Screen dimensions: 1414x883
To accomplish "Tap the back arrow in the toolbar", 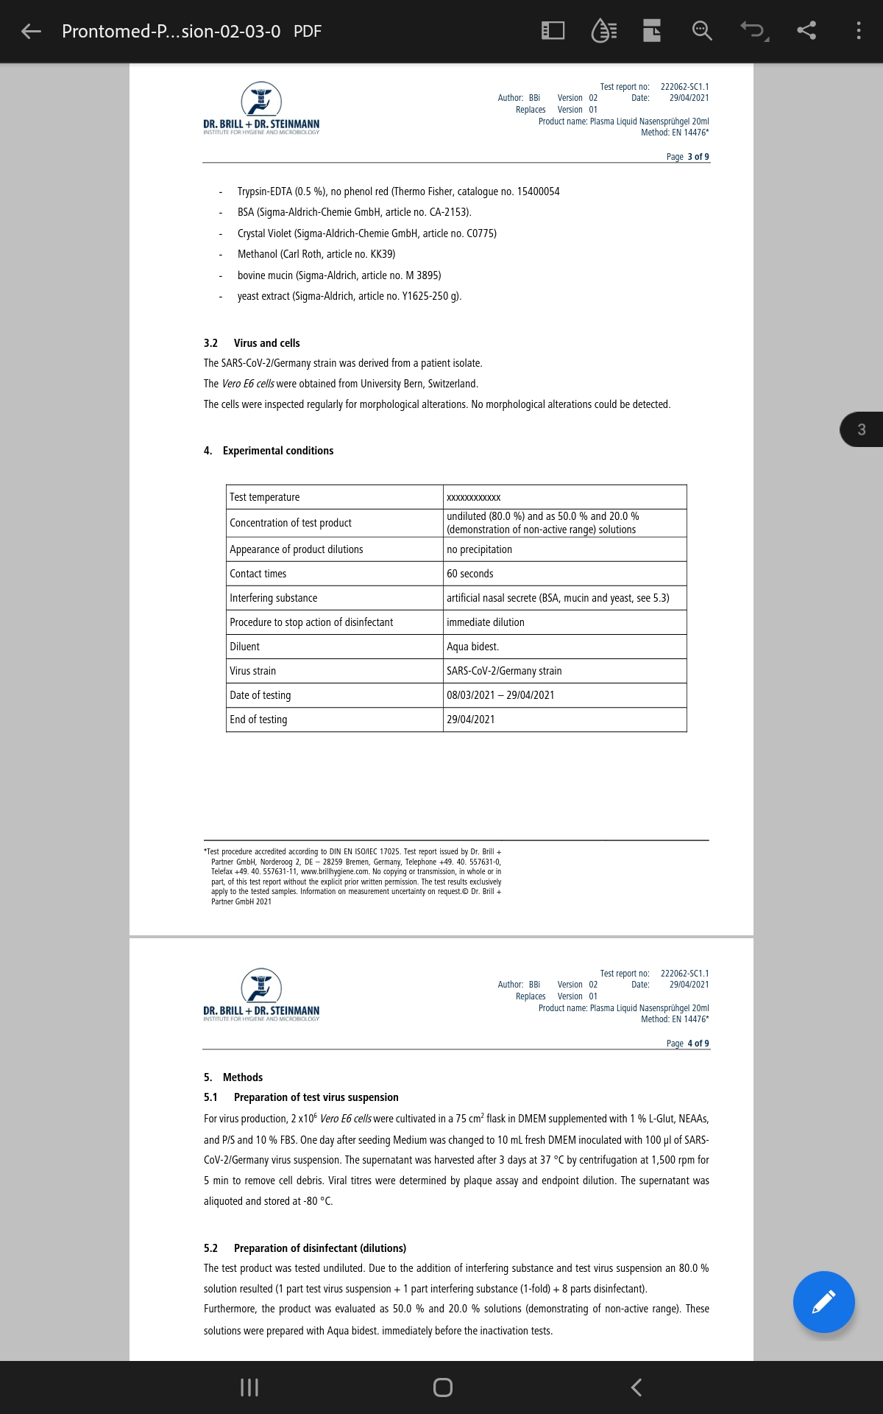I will (31, 31).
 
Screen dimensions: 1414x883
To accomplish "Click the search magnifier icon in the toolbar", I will (702, 31).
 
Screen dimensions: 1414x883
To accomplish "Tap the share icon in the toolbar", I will (806, 31).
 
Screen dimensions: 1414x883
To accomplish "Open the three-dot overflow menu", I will (858, 31).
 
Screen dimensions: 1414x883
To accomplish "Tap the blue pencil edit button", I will (823, 1301).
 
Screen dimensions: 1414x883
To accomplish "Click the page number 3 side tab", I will (861, 429).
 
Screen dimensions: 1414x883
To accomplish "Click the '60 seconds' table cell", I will (470, 574).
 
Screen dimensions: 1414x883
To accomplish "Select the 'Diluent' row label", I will (245, 647).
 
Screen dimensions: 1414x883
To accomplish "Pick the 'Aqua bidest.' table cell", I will (472, 647).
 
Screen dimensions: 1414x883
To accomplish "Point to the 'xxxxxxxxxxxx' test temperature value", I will (474, 497).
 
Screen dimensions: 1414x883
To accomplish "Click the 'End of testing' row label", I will (258, 720).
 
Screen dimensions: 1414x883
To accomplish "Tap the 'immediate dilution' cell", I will (486, 622).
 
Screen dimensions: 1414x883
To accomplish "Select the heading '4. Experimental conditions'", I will (269, 451).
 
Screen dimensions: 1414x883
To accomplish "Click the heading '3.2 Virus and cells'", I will (252, 343).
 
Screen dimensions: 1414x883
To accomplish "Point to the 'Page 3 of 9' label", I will (687, 157).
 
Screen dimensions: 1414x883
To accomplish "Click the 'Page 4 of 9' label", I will (687, 1044).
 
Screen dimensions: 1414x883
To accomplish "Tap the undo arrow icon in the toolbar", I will (753, 31).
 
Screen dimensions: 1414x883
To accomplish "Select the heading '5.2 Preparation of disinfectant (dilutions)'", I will (305, 1248).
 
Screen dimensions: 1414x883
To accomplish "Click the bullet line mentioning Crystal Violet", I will (366, 233).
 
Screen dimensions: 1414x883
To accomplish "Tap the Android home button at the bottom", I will (442, 1387).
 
